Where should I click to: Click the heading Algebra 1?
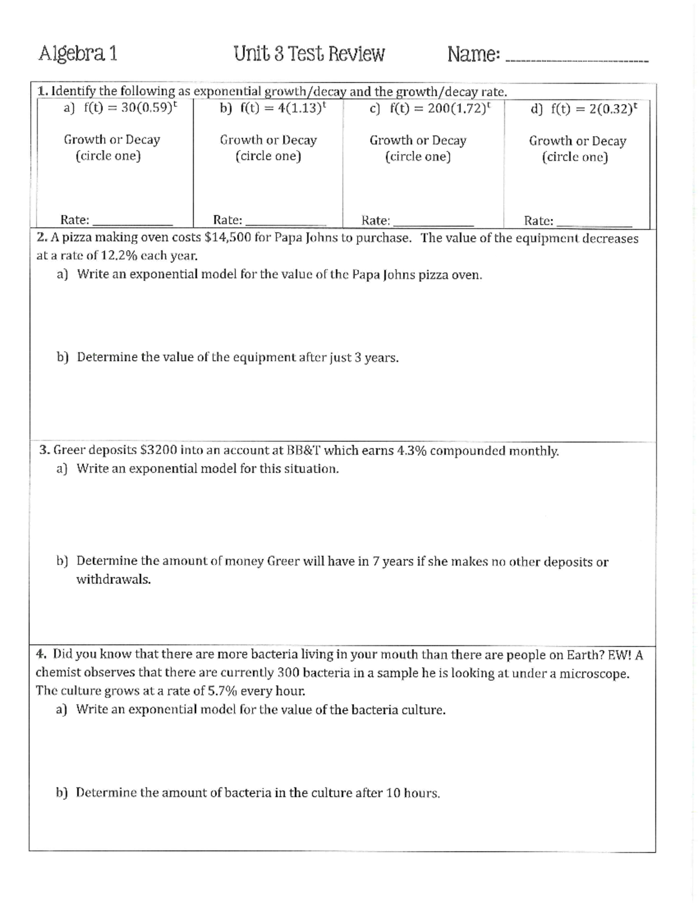(78, 54)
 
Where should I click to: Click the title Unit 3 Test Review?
(309, 54)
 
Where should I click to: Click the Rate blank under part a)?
(133, 223)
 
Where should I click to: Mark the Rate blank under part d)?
(594, 223)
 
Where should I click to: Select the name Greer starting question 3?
(70, 451)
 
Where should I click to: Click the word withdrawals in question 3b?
(113, 580)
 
